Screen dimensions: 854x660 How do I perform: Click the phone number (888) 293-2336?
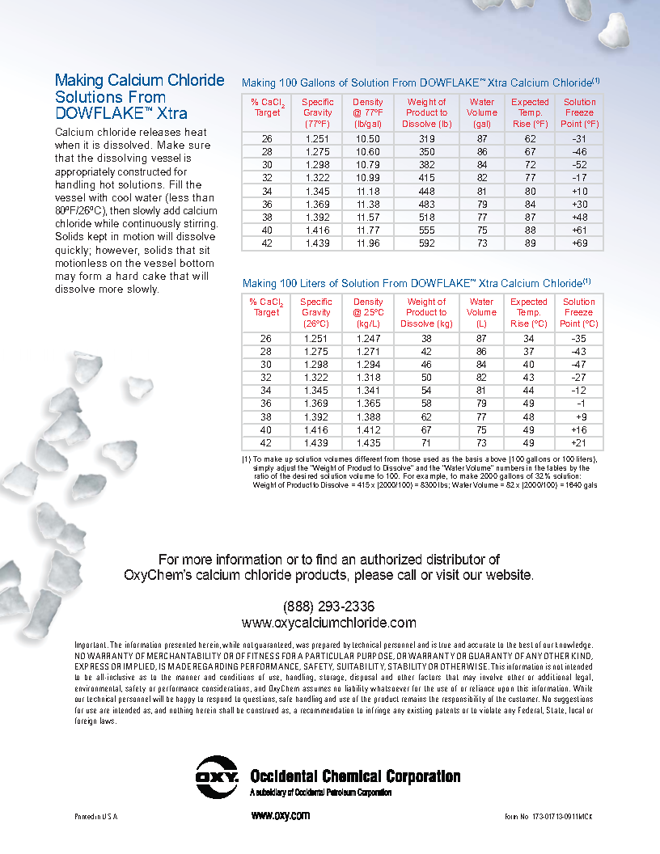328,607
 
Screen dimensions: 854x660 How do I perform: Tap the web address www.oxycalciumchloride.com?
328,623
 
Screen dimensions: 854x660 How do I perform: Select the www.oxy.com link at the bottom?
281,815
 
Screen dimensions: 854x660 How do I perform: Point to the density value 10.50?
368,139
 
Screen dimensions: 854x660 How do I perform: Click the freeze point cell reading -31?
579,139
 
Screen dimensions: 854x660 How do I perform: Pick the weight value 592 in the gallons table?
427,243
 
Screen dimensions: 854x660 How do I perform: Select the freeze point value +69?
579,243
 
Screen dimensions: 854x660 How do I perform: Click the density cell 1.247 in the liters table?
368,339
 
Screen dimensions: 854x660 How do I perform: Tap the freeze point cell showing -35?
579,339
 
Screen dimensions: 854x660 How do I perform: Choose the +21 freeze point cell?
579,443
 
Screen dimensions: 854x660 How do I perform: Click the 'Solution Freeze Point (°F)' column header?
579,113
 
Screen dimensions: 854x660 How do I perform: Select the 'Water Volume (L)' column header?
482,312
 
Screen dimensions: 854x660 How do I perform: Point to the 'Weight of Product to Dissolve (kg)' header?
426,312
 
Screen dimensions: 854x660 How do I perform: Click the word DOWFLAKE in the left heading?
102,113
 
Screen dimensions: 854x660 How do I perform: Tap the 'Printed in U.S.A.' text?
96,817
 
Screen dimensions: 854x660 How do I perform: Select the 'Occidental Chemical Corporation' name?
355,776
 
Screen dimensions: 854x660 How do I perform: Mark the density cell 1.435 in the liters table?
368,443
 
